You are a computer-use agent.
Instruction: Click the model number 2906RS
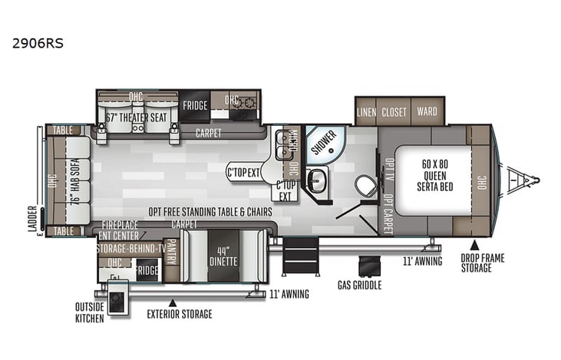pyautogui.click(x=38, y=43)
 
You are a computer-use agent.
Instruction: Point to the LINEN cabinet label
pyautogui.click(x=367, y=112)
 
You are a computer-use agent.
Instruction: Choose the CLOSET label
pyautogui.click(x=394, y=112)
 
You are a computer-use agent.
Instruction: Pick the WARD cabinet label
pyautogui.click(x=427, y=112)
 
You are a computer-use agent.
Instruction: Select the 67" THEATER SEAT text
pyautogui.click(x=138, y=118)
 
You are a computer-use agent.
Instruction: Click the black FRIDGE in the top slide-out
pyautogui.click(x=195, y=106)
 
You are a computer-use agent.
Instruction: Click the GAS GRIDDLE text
pyautogui.click(x=359, y=285)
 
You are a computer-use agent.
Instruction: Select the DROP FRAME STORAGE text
pyautogui.click(x=483, y=263)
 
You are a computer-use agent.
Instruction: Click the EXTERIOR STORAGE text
pyautogui.click(x=180, y=314)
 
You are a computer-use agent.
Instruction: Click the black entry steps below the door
pyautogui.click(x=300, y=255)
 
